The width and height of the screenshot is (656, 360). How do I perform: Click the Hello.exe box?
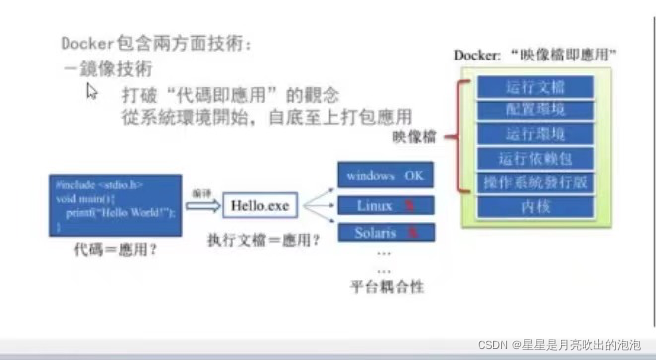[259, 206]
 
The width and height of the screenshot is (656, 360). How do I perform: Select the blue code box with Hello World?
[117, 204]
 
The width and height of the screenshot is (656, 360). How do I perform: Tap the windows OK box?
[384, 176]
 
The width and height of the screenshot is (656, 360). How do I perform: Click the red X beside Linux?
[408, 206]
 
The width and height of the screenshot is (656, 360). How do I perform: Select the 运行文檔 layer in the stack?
[536, 86]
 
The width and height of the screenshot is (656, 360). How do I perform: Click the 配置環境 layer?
[536, 110]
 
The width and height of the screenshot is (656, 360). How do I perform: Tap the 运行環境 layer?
[536, 134]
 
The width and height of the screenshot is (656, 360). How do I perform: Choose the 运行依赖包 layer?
[536, 158]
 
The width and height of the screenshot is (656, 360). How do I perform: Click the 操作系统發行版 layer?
[536, 182]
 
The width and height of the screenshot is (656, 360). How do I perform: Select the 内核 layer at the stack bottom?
[536, 206]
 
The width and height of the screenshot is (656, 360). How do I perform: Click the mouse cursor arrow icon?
[91, 91]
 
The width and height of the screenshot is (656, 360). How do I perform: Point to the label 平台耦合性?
[387, 286]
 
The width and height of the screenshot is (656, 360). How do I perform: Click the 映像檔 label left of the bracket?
[415, 135]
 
